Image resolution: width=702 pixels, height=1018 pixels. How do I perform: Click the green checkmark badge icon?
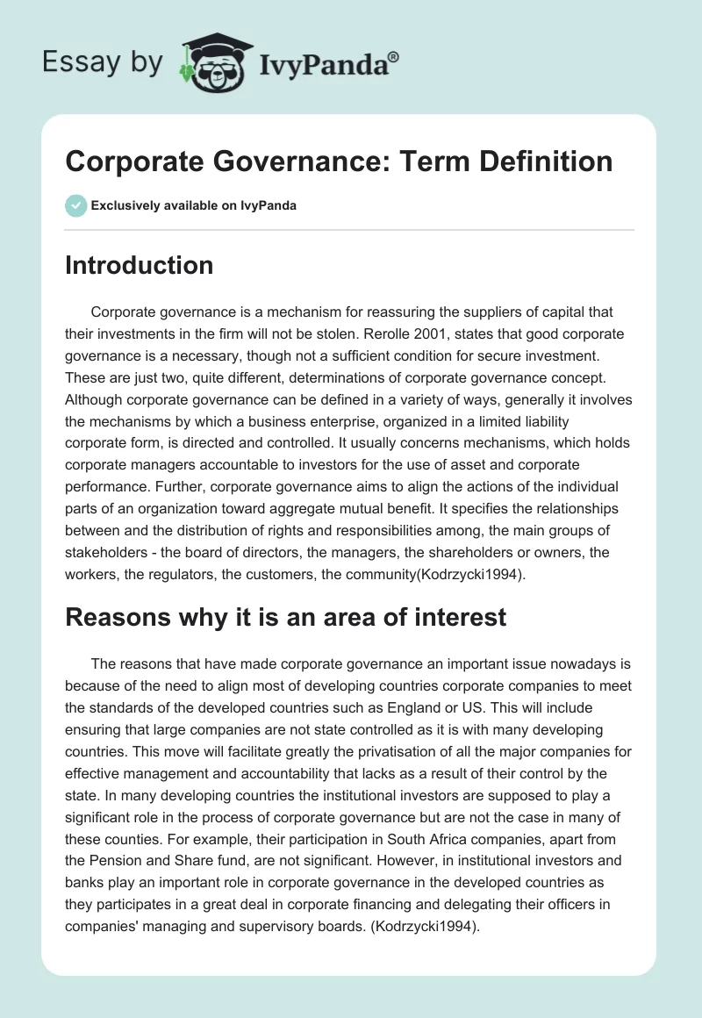pyautogui.click(x=75, y=205)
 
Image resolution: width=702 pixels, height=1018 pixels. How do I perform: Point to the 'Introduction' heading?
pyautogui.click(x=139, y=265)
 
